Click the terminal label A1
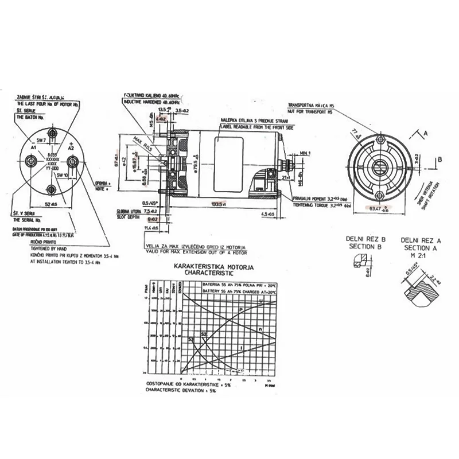point(34,147)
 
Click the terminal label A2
point(72,147)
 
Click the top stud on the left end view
point(52,132)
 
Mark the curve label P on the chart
point(240,310)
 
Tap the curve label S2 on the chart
point(203,334)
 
